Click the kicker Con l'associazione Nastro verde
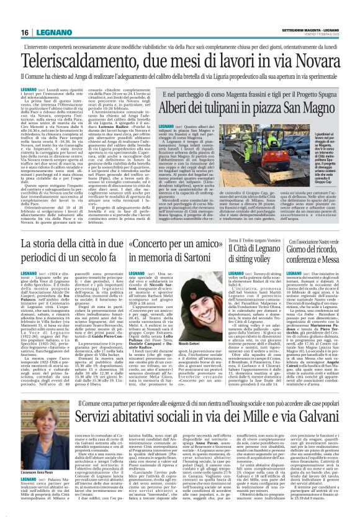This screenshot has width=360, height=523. coord(317,240)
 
